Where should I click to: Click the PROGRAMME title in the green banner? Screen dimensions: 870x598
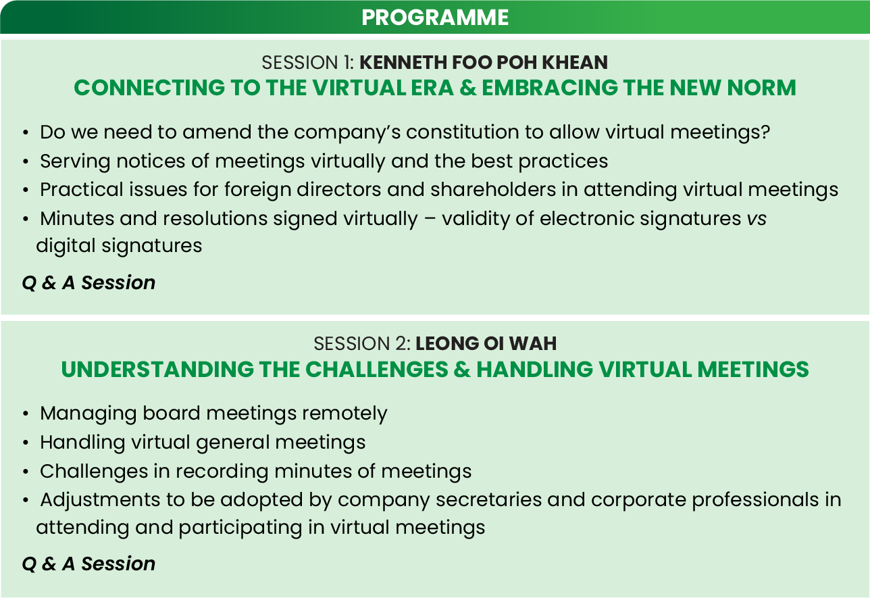pos(435,18)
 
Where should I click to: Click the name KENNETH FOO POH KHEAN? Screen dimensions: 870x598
pos(484,63)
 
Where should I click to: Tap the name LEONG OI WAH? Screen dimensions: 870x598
pos(486,343)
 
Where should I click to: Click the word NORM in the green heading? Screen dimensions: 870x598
pos(762,87)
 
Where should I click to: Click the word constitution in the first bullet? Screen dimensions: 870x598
pos(463,132)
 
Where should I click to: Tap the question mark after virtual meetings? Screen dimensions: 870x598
pos(765,132)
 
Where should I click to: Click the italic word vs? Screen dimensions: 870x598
pos(757,219)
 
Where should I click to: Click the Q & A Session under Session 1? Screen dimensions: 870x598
pos(88,282)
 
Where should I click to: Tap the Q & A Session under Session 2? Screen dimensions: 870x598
pos(88,564)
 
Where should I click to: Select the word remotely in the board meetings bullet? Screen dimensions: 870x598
pos(345,414)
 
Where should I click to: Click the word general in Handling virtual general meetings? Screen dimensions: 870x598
pos(232,443)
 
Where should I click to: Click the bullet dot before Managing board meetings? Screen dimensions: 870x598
pos(26,414)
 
